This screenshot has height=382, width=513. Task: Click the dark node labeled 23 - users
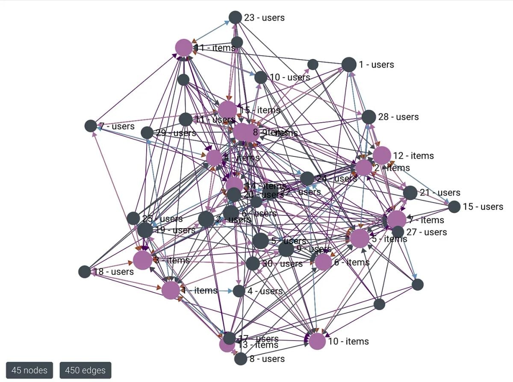tap(235, 18)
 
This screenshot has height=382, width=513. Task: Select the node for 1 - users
tap(349, 65)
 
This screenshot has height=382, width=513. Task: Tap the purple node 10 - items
tap(317, 341)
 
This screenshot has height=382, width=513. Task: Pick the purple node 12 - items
tap(382, 156)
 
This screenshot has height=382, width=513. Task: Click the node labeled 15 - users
tap(454, 207)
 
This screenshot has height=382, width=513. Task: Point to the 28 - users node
tap(369, 117)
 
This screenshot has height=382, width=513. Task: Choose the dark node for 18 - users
tap(85, 272)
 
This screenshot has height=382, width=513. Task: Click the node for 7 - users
tap(91, 126)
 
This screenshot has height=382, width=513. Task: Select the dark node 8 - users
tap(241, 359)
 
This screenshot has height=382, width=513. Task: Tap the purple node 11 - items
tap(184, 47)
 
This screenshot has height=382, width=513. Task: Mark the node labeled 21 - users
tap(410, 193)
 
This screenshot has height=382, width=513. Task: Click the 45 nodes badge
tap(29, 370)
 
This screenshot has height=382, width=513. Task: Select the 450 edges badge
tap(85, 370)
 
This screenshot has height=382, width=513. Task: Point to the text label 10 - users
tap(290, 77)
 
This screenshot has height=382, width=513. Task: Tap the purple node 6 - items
tap(323, 262)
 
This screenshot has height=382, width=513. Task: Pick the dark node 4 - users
tap(239, 291)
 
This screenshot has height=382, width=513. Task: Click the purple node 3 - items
tap(142, 260)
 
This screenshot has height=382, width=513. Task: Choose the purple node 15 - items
tap(227, 110)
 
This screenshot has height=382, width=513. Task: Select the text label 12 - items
tap(413, 156)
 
